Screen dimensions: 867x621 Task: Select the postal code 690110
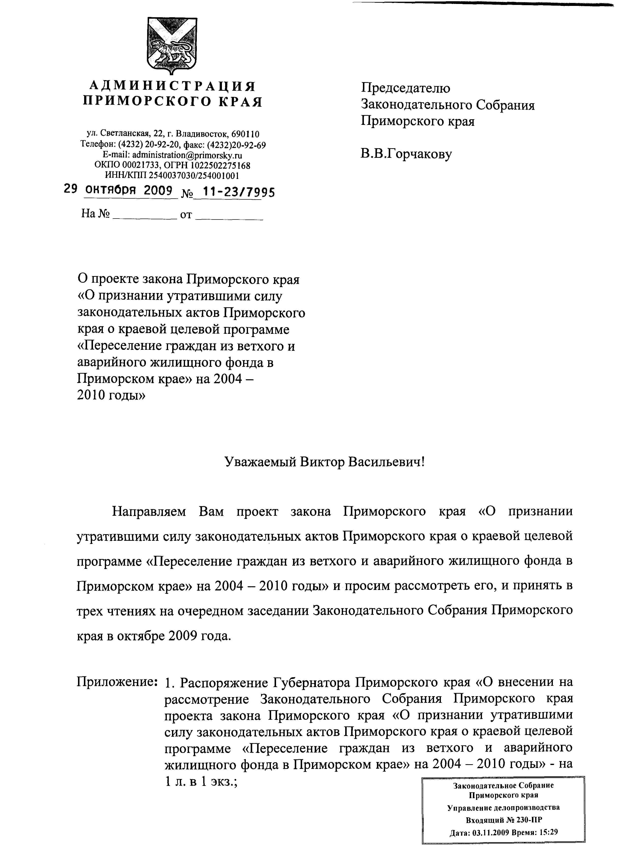pos(246,134)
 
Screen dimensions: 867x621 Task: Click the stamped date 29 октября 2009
pos(119,190)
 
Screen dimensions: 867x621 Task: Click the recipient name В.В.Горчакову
pos(406,154)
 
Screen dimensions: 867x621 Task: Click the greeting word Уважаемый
pos(260,462)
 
